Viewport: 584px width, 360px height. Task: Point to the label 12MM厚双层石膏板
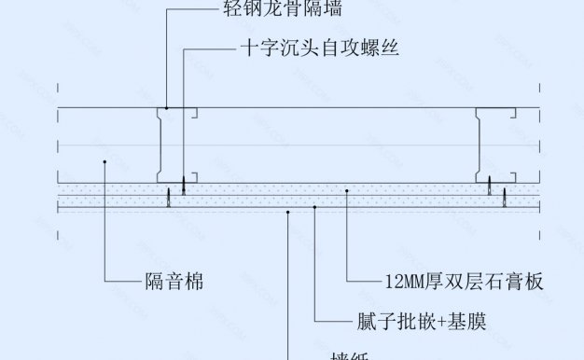pos(464,280)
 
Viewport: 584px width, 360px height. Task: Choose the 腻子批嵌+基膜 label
pos(421,322)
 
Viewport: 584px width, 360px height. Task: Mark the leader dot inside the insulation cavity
pos(105,162)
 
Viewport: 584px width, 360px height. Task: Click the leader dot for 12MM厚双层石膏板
pos(347,190)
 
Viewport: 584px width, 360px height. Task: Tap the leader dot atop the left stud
pos(166,109)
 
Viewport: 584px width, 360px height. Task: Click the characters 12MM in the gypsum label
pos(404,280)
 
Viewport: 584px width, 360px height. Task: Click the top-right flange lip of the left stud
pos(197,115)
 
